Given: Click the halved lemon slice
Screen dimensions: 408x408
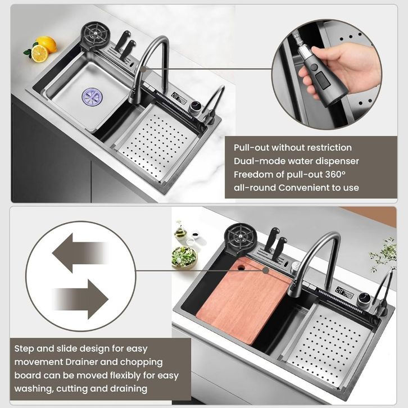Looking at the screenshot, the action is pos(39,53).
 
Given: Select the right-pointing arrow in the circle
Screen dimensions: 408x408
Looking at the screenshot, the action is pos(81,299).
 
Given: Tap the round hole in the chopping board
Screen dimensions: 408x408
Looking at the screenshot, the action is pos(241,268).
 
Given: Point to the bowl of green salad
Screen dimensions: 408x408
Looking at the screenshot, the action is pos(184,257).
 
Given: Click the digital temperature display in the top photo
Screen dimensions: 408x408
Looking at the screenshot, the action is pos(179,97).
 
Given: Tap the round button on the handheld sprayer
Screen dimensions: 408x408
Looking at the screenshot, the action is pos(314,67).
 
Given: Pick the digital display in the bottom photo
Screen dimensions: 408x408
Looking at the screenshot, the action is pos(344,292).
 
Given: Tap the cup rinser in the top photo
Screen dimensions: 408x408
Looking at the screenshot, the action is pos(95,35).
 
